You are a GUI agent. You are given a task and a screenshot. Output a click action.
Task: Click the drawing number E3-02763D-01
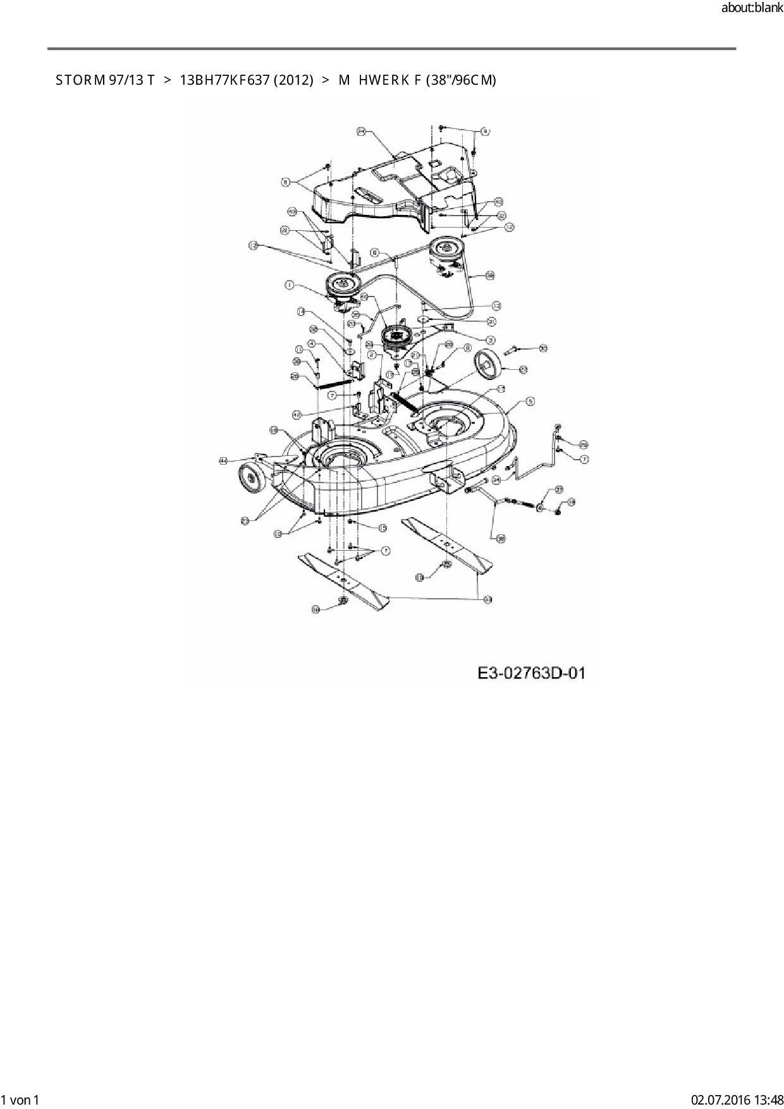531,673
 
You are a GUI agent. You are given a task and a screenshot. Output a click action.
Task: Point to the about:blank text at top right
752,9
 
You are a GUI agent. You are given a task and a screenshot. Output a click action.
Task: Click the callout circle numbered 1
290,286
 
